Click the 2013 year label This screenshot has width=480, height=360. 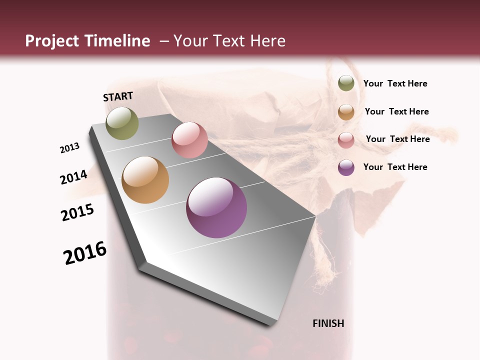(69, 147)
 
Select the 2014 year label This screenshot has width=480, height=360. (74, 177)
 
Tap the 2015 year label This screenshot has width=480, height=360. (77, 212)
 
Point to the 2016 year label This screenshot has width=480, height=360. (85, 253)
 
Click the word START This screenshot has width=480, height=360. (118, 96)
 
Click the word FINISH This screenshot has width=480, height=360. (328, 323)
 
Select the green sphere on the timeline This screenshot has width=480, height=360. (122, 123)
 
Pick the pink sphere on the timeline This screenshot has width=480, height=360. (189, 140)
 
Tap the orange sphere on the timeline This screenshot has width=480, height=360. (145, 180)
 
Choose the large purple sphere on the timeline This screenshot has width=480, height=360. (216, 207)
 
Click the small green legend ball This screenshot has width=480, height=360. (346, 83)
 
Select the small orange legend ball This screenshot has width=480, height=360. (346, 111)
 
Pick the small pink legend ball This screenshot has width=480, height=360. (346, 139)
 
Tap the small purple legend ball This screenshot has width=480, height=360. (346, 167)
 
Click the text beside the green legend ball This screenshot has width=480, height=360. (395, 84)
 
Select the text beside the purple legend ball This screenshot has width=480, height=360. (395, 167)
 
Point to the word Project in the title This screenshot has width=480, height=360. (52, 41)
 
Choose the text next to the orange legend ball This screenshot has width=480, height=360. (396, 111)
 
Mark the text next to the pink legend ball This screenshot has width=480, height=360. (397, 139)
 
